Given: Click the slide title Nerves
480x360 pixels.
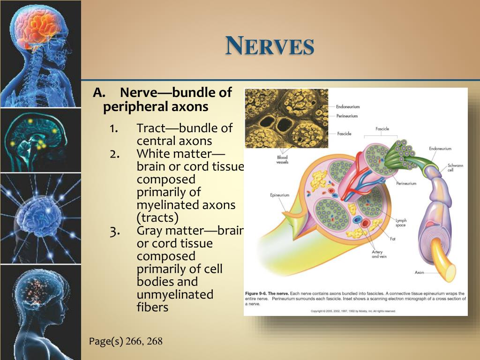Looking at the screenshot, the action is coord(270,46).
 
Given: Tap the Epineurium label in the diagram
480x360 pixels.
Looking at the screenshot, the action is coord(280,195).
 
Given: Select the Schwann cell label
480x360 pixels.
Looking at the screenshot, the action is coord(454,167).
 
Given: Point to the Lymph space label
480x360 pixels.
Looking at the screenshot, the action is coord(402,222).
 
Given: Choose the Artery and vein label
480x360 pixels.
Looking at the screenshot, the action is coord(378,254).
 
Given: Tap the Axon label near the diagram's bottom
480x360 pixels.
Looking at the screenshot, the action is coord(420,272).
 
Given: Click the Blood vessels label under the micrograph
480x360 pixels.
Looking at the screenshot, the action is coord(282,160).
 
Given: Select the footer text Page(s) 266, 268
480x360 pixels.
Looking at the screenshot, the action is coord(126,341).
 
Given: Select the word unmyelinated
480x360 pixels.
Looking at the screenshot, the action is coord(175,294).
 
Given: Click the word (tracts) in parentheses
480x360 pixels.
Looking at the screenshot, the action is coord(157,217).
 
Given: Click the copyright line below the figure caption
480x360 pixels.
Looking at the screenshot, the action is coord(353,311).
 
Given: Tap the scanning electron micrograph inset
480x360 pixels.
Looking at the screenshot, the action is coord(286,118).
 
